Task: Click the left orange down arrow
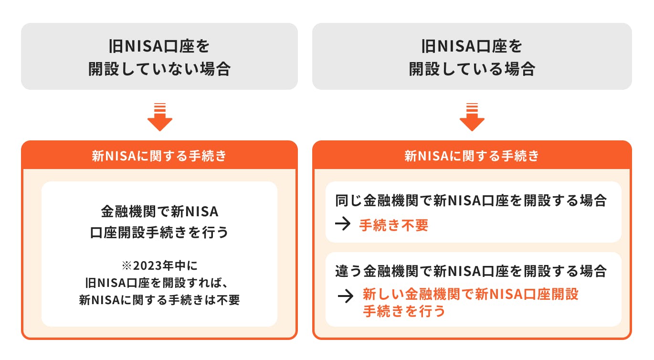click(x=159, y=117)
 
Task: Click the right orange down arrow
click(x=472, y=117)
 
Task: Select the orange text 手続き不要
click(x=393, y=225)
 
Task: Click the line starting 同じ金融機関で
click(x=472, y=201)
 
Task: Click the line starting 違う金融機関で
click(x=472, y=271)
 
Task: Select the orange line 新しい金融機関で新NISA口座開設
click(x=470, y=294)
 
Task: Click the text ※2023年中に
click(x=159, y=265)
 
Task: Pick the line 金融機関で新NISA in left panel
click(x=159, y=211)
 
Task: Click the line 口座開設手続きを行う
click(x=159, y=233)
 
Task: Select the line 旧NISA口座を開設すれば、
click(x=159, y=283)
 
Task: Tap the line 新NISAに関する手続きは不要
click(x=159, y=301)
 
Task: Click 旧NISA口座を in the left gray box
click(x=159, y=47)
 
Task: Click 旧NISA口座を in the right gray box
click(x=472, y=47)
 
